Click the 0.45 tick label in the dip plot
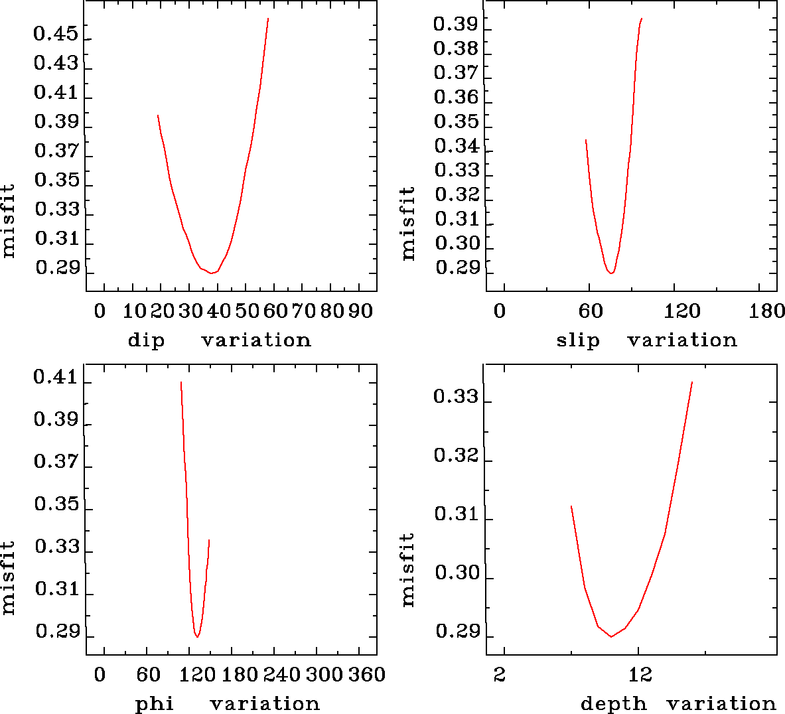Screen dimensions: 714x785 pos(56,35)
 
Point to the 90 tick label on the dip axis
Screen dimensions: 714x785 pos(360,311)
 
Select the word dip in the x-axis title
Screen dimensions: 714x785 pos(145,340)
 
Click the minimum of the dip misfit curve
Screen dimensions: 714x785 pos(212,273)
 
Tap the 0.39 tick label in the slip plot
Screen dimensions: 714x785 pos(456,25)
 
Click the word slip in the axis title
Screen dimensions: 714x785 pos(578,340)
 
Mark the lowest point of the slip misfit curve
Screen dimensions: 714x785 pos(611,273)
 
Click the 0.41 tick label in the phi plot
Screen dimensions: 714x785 pos(56,378)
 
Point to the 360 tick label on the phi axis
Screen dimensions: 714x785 pos(367,675)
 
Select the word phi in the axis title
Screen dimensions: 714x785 pos(155,703)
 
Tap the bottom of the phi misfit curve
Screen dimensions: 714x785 pos(197,637)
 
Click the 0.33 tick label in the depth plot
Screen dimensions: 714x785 pos(456,397)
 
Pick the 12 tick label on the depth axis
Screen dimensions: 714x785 pos(641,675)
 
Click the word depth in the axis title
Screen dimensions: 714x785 pos(613,703)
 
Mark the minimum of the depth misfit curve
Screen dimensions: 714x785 pos(611,636)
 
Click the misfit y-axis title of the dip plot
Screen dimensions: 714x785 pos(9,221)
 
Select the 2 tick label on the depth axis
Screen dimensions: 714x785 pos(500,675)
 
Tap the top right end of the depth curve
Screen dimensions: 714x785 pos(692,382)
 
